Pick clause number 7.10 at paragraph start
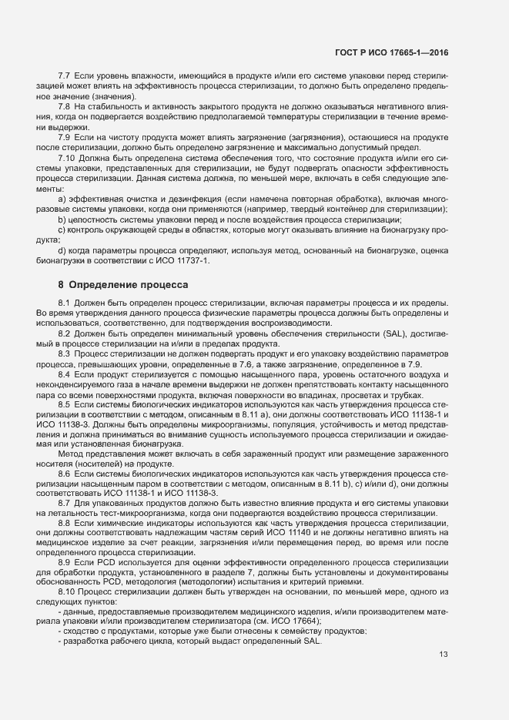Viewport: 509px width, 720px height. tap(67, 159)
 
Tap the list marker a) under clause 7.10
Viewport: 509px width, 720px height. tap(62, 199)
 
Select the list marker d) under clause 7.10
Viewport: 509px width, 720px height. tap(62, 250)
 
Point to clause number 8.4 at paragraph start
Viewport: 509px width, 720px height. tap(65, 374)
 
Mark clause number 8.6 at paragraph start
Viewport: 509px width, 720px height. tap(65, 474)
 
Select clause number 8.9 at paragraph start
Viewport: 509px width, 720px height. tap(65, 563)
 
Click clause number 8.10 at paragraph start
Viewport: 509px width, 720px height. tap(67, 591)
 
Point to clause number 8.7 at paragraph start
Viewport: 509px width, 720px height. tap(65, 503)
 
